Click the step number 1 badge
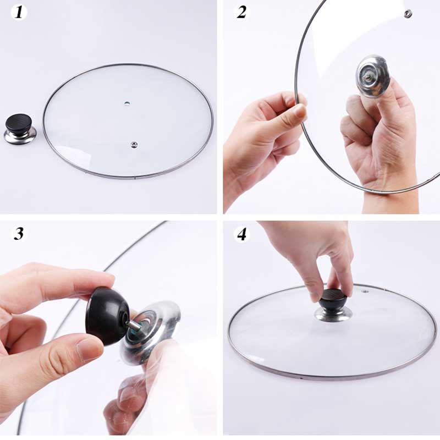(19, 13)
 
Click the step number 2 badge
(241, 13)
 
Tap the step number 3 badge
(19, 233)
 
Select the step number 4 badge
(241, 233)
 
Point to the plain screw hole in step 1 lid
(128, 103)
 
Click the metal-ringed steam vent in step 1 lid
(134, 144)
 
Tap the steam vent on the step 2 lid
(408, 14)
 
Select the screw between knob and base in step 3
(134, 326)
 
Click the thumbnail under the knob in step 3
(89, 348)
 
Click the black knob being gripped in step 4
(333, 300)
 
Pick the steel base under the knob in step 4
(333, 314)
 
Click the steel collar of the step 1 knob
(20, 136)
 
